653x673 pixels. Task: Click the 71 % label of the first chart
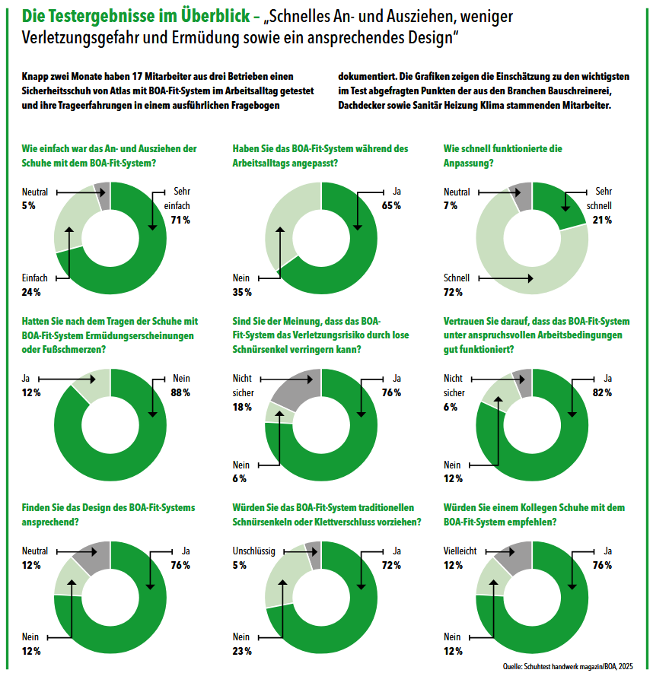[180, 221]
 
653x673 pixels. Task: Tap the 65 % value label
[391, 206]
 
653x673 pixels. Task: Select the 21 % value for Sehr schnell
[603, 221]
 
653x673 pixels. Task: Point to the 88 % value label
[180, 392]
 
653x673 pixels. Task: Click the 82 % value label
[603, 392]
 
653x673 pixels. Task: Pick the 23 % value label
[242, 651]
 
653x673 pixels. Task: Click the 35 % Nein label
[242, 292]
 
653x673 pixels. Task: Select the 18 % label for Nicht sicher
[242, 408]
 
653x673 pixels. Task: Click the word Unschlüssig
[253, 551]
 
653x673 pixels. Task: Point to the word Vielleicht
[461, 551]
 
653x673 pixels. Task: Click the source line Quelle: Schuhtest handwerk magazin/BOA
[568, 666]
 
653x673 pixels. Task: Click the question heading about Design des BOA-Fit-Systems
[108, 515]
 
